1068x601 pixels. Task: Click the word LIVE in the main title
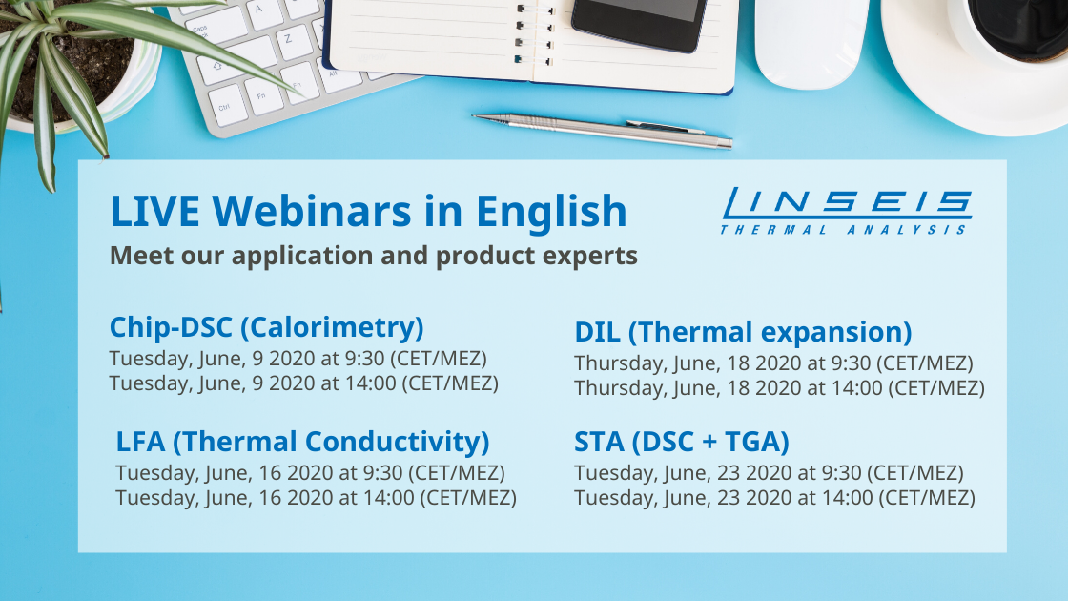(x=154, y=211)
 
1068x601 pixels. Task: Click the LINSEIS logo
(x=846, y=211)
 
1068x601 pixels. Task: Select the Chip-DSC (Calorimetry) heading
(x=266, y=328)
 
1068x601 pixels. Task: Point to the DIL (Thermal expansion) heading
(x=743, y=333)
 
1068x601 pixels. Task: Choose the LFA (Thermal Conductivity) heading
(x=302, y=443)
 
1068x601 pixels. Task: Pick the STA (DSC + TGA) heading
(x=681, y=443)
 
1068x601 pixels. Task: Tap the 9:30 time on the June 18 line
(x=851, y=363)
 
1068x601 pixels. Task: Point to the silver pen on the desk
(x=602, y=130)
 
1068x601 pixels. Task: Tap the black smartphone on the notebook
(x=639, y=25)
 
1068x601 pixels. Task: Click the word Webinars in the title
(x=312, y=211)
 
